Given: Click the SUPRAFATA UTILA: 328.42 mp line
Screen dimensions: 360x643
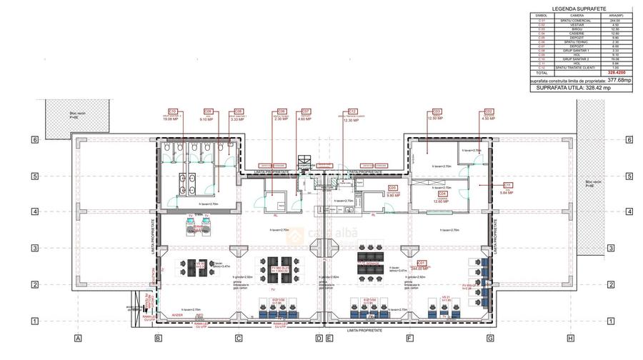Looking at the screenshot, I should click(x=583, y=88).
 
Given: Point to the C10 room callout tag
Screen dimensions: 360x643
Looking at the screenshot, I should click(x=172, y=111).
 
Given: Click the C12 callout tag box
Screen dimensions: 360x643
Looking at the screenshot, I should click(x=352, y=111).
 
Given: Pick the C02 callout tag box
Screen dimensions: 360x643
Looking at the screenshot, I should click(x=489, y=111).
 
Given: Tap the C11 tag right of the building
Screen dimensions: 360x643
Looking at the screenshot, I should click(x=508, y=184).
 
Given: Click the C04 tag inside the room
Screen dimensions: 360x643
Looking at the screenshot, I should click(x=442, y=194).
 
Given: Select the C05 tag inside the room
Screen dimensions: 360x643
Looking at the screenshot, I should click(x=392, y=187).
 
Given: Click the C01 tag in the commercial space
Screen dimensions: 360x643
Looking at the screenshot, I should click(x=422, y=262).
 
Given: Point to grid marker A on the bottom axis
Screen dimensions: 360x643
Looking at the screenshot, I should click(x=78, y=338).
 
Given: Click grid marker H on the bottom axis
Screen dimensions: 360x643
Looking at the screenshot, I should click(x=570, y=338).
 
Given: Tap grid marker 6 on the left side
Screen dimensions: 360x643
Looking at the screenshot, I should click(x=34, y=140).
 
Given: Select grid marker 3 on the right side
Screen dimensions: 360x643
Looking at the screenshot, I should click(x=611, y=248).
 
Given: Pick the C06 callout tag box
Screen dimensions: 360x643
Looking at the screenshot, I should click(x=281, y=111).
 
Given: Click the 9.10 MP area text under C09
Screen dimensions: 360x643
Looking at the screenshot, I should click(x=208, y=119).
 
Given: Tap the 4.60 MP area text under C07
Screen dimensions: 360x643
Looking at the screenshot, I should click(x=305, y=119).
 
